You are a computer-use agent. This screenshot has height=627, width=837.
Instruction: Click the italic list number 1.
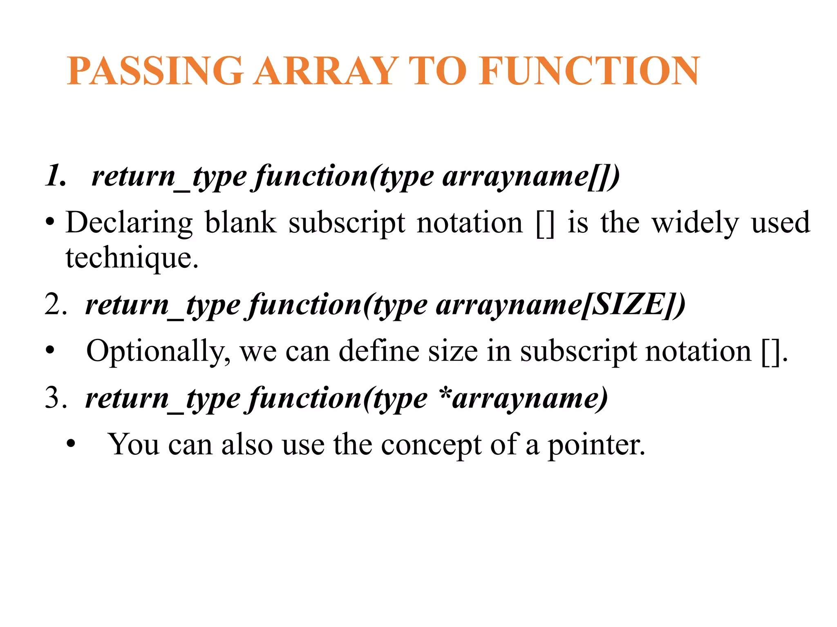tap(55, 176)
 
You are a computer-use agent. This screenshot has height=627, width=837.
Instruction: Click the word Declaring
tap(129, 223)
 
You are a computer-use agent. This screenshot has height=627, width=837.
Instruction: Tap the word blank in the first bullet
tap(240, 223)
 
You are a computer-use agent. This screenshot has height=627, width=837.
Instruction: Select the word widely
tap(695, 223)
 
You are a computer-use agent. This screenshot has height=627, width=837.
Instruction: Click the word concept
tap(431, 445)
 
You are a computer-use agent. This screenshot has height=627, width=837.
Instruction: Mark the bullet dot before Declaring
tap(50, 223)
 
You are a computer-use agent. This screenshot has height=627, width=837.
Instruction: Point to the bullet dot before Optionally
tap(50, 351)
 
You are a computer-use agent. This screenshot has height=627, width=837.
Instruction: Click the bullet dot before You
tap(71, 444)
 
